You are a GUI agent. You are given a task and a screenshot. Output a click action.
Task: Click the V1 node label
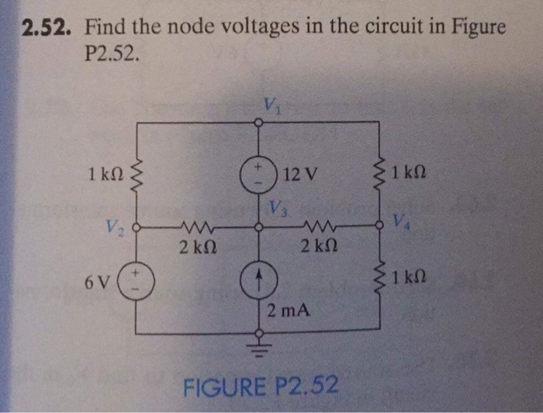click(x=270, y=105)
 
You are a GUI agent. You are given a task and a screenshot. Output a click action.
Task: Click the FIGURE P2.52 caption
click(x=260, y=384)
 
